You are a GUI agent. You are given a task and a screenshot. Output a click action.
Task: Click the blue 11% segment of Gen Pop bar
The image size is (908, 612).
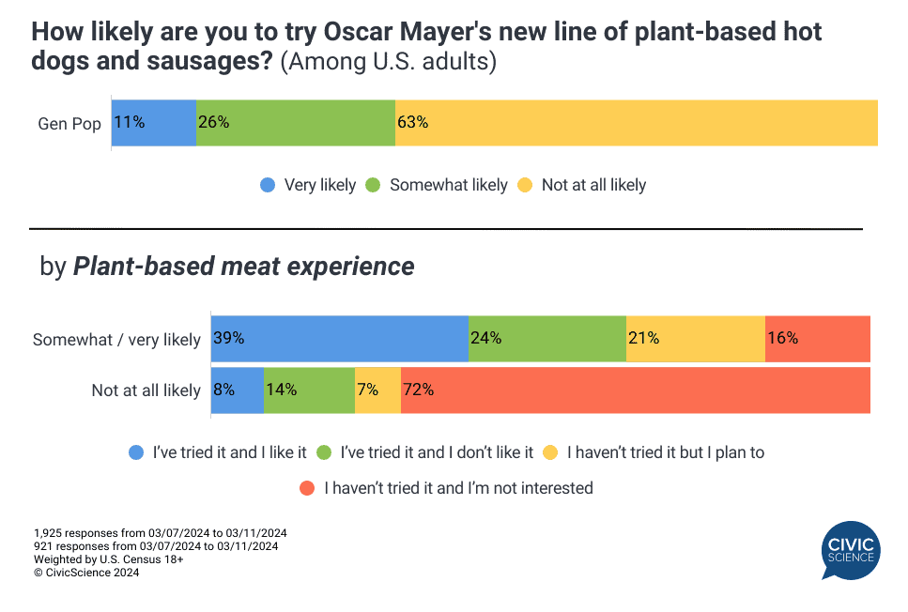coord(154,122)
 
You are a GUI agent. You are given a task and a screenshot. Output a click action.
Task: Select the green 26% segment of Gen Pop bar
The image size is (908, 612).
coord(296,122)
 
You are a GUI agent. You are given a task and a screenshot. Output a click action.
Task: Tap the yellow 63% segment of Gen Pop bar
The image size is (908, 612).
coord(636,122)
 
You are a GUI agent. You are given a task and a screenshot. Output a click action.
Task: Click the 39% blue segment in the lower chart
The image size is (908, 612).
coord(340,339)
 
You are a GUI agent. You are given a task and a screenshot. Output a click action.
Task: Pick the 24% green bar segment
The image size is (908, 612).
coord(547,339)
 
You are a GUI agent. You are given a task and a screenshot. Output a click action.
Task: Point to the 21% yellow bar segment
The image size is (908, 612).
coord(696,339)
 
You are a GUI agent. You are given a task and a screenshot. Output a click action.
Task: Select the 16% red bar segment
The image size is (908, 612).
coord(818,339)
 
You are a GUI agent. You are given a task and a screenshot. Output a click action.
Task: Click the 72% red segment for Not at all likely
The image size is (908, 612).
coord(635,390)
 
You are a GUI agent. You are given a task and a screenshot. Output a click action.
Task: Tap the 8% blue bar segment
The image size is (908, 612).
coord(238,390)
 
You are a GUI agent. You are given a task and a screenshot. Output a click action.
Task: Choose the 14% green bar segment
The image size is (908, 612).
coord(309,390)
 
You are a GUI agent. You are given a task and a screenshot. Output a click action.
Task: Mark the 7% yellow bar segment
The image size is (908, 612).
coord(377,390)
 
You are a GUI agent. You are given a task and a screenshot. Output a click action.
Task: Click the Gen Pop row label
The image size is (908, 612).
coord(69,124)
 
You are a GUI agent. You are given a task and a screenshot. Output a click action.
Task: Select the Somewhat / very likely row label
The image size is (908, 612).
coord(116,340)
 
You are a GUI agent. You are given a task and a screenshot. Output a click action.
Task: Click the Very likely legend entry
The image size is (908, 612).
coord(308,185)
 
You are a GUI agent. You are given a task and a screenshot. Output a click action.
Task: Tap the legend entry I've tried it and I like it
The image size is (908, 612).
coord(219,452)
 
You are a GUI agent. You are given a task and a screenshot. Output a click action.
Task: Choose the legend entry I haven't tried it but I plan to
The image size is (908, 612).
coord(655,452)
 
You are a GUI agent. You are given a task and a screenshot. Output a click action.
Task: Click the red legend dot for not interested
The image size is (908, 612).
coord(306,488)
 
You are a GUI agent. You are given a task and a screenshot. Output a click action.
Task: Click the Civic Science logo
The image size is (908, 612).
coord(850,551)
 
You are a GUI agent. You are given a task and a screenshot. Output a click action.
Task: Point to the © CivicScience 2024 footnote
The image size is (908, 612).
coord(86,573)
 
